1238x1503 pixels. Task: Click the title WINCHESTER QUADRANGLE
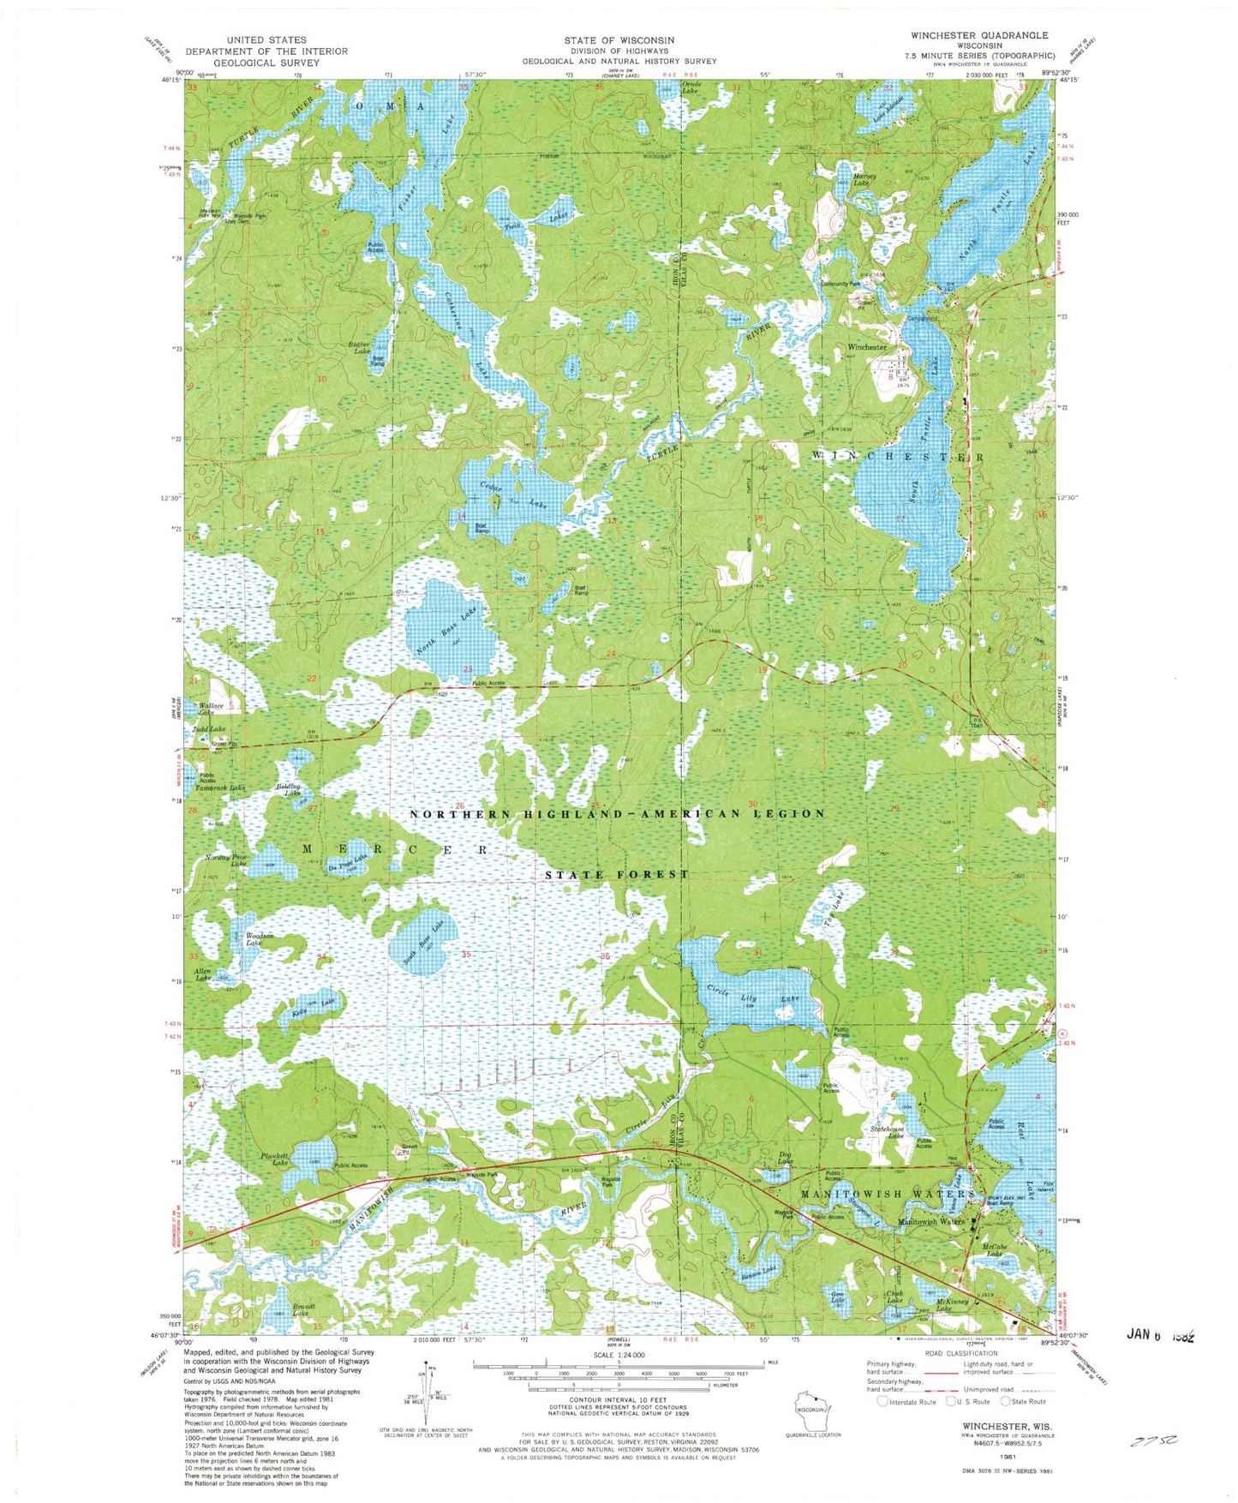pos(982,35)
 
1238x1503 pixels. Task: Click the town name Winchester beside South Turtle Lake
pos(867,347)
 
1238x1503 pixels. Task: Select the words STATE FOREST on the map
pos(618,875)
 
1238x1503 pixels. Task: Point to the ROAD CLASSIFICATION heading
pos(963,1353)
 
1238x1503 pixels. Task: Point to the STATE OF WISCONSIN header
pos(619,40)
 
